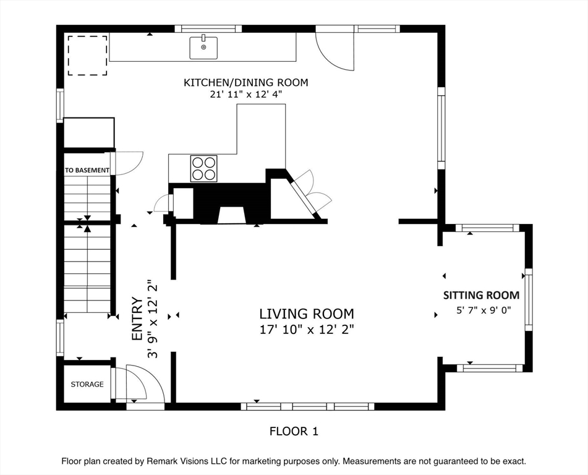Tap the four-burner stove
tap(203, 168)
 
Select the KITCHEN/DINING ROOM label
tap(245, 82)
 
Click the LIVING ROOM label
tap(307, 314)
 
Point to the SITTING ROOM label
tap(482, 295)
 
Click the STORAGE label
tap(87, 384)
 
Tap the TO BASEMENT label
tap(87, 170)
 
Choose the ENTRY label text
tap(137, 319)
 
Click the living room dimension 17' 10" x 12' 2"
tap(307, 330)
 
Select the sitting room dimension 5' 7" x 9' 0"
tap(484, 310)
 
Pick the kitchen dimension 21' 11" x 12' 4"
tap(245, 94)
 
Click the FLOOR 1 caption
tap(294, 432)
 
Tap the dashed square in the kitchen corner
tap(87, 56)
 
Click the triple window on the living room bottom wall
tap(307, 406)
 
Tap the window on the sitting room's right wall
tap(529, 300)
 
